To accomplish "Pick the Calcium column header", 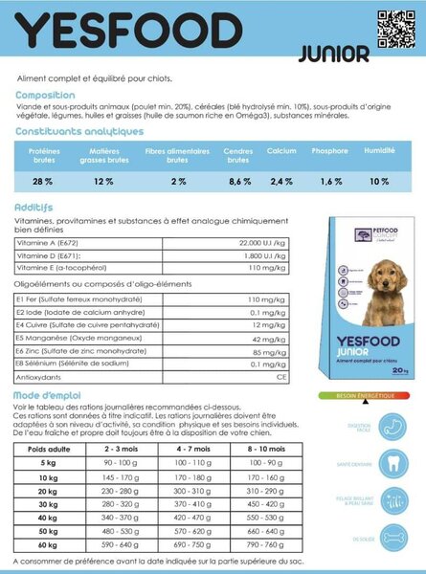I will (x=281, y=151).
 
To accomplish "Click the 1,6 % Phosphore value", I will (x=331, y=181).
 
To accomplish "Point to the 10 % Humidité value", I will (x=380, y=181).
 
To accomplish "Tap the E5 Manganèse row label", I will (x=66, y=340).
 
